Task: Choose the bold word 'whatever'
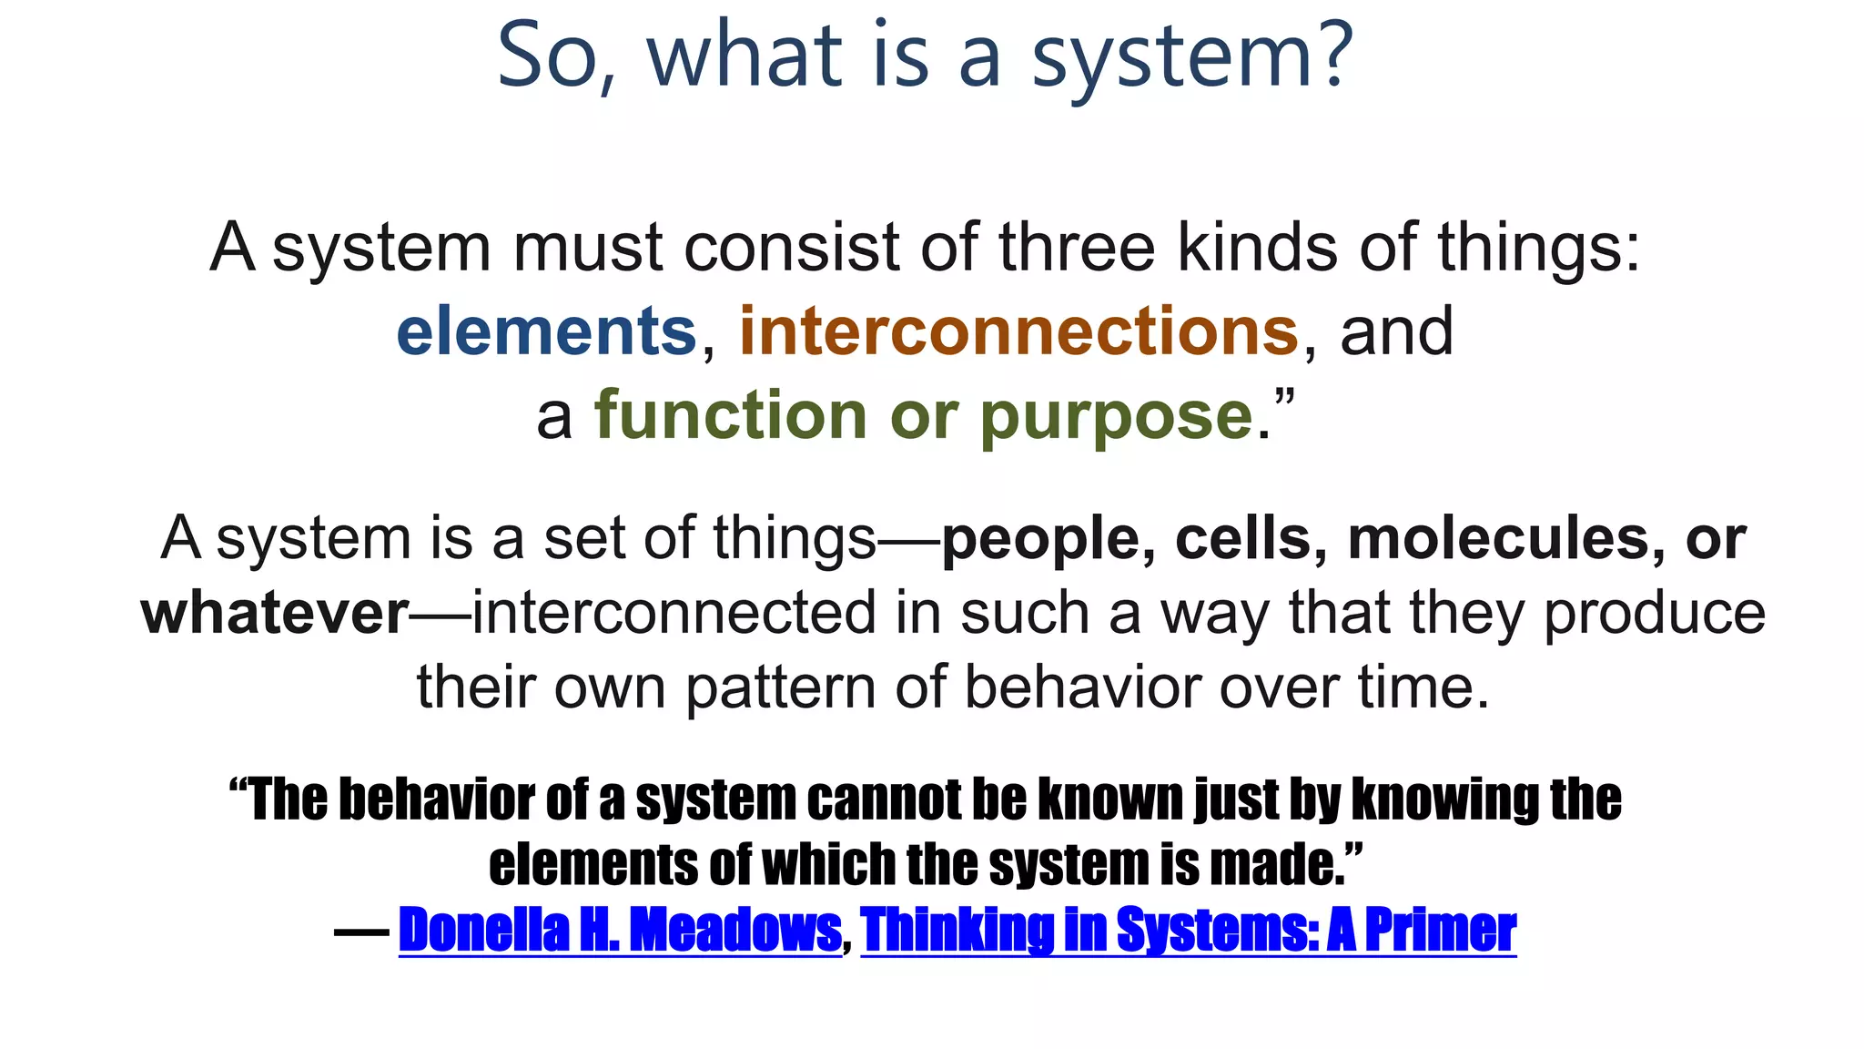[275, 613]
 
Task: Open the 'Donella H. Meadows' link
[620, 930]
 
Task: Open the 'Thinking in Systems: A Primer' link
[1188, 930]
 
